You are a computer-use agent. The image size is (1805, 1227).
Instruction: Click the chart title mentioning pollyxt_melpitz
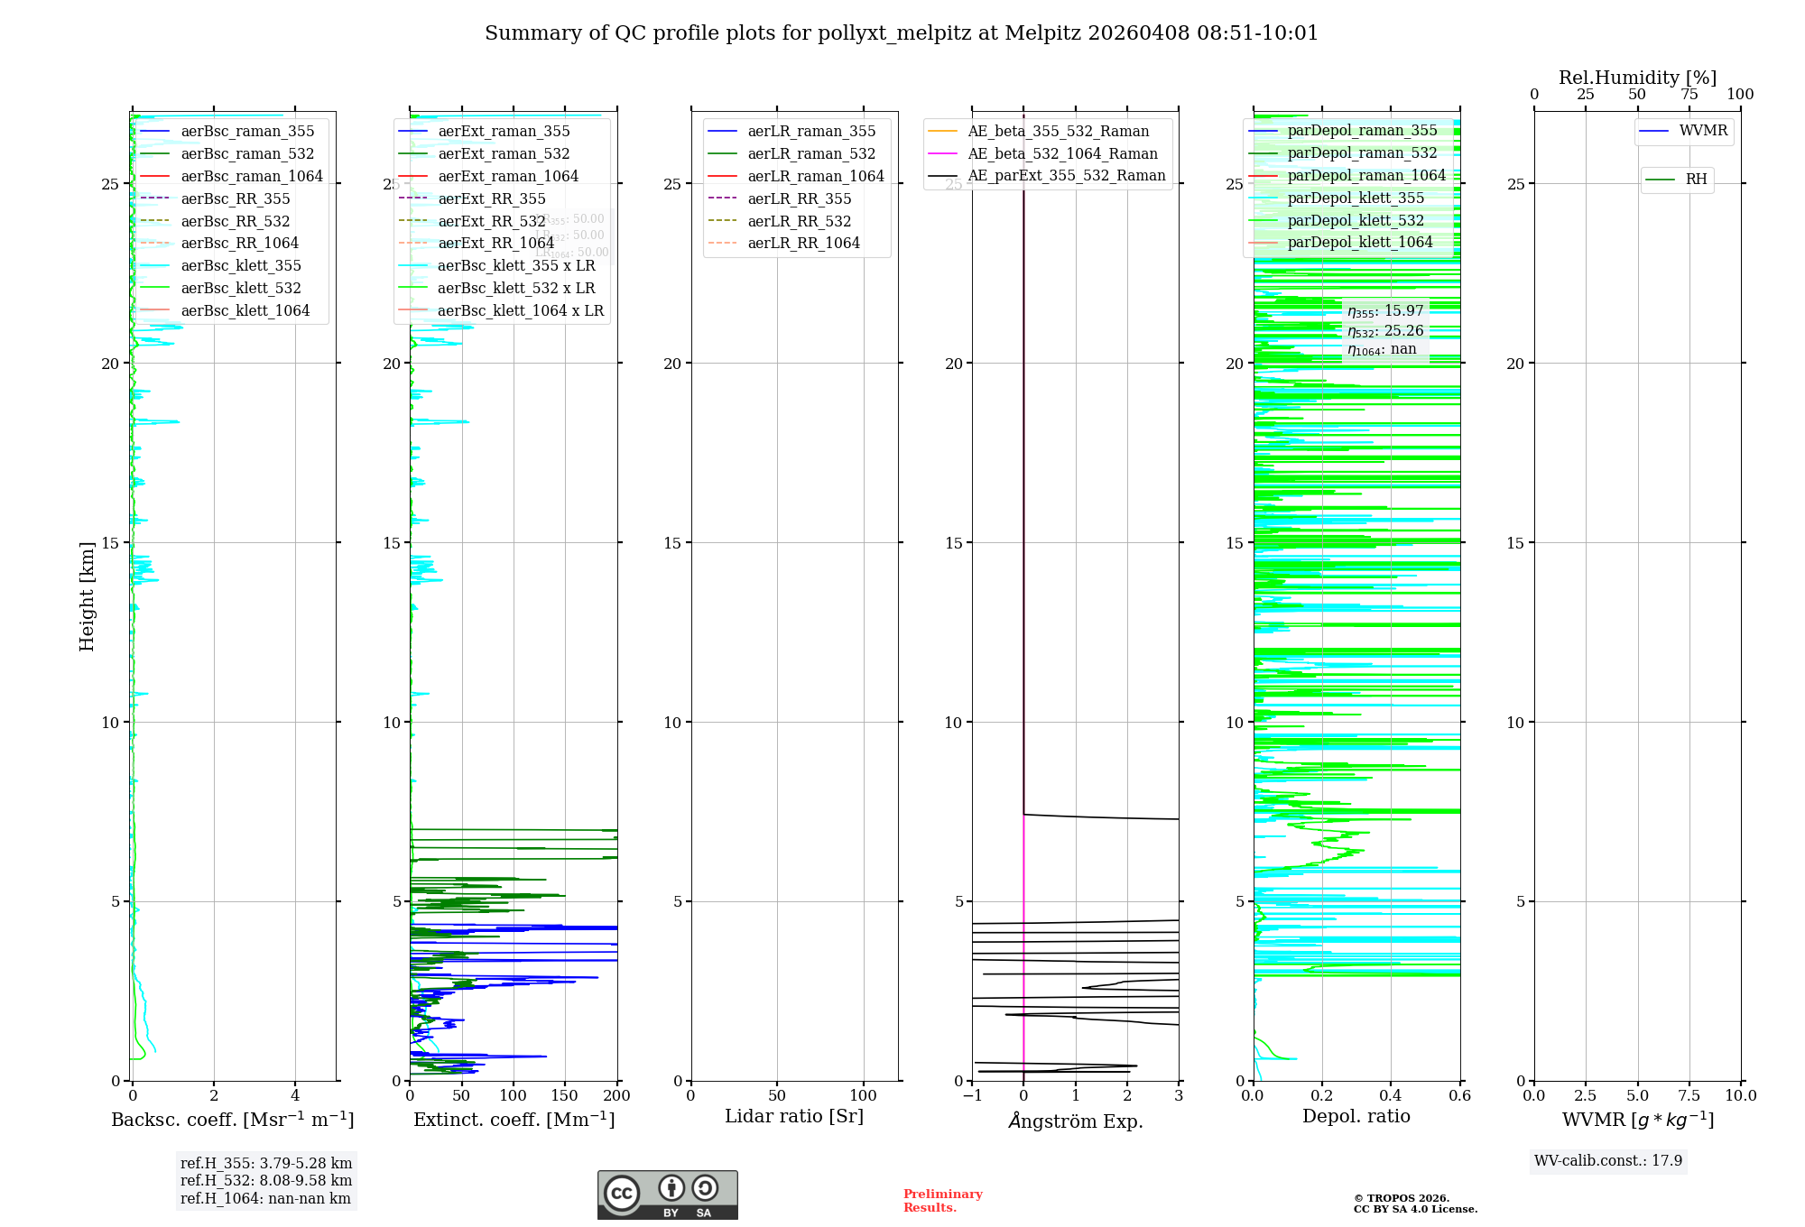[901, 33]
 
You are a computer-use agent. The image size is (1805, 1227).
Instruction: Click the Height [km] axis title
[87, 596]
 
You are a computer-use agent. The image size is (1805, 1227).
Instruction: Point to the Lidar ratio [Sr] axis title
[794, 1116]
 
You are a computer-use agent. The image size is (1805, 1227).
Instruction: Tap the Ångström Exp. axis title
[1075, 1121]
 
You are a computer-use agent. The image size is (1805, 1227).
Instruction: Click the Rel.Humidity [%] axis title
[1637, 78]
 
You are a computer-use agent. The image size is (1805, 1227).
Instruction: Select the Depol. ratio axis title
[1356, 1116]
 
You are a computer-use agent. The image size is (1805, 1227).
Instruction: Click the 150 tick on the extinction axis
[565, 1095]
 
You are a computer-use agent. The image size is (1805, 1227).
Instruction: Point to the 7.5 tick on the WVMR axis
[1689, 1095]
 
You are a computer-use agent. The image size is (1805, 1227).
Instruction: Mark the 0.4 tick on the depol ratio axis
[1391, 1095]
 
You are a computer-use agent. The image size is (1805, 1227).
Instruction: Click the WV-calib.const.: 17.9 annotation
[1608, 1160]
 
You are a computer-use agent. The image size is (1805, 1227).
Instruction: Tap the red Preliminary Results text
[942, 1201]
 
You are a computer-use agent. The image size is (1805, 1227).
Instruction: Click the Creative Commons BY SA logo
[667, 1195]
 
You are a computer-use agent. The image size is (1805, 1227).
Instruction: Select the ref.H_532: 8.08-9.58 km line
[266, 1180]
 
